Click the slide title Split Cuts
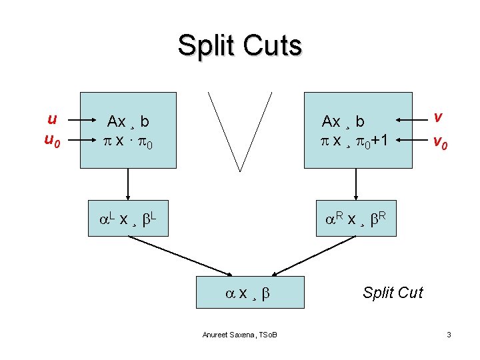[x=239, y=46]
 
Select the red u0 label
[x=53, y=141]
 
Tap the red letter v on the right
[x=437, y=117]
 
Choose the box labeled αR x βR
[x=356, y=219]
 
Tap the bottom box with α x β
[x=250, y=292]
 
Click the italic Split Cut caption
[x=393, y=293]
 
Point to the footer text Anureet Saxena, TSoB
[x=240, y=334]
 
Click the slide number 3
[x=449, y=334]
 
